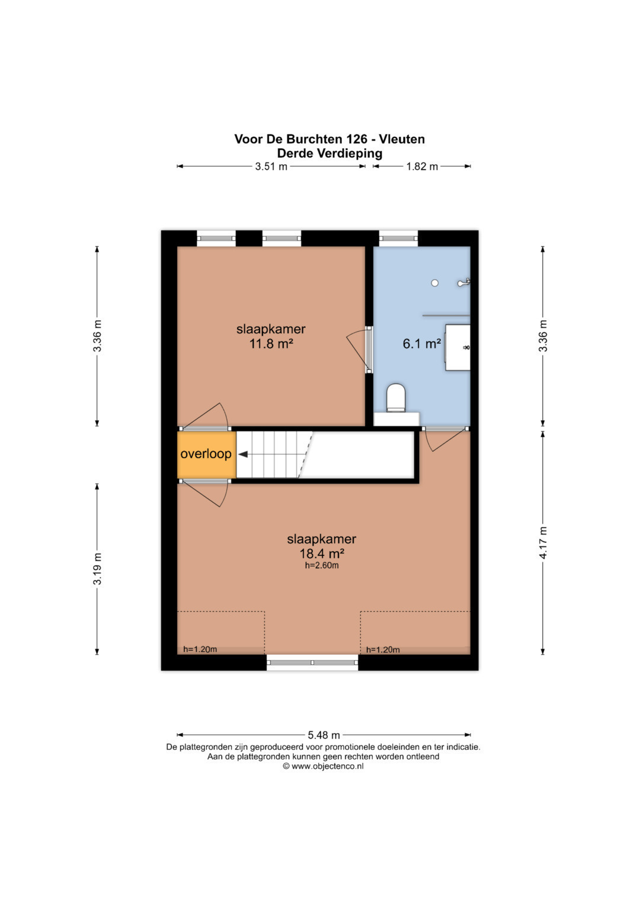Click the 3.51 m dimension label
pos(271,167)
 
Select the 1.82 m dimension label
pos(422,167)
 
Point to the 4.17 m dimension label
pos(543,543)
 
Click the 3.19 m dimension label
pos(97,568)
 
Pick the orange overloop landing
pos(206,455)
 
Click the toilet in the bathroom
pos(396,398)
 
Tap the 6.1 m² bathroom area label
pos(421,344)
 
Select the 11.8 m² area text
pos(271,344)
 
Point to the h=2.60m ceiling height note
pos(322,565)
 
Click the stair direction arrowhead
pos(243,455)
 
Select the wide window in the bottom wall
pos(312,663)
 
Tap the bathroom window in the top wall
pos(398,238)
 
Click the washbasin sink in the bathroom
pos(457,347)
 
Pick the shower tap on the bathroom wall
pos(464,283)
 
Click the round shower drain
pos(435,283)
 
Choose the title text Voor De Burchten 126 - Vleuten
pos(329,139)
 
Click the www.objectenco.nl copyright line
pos(323,766)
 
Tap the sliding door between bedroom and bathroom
pos(369,350)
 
